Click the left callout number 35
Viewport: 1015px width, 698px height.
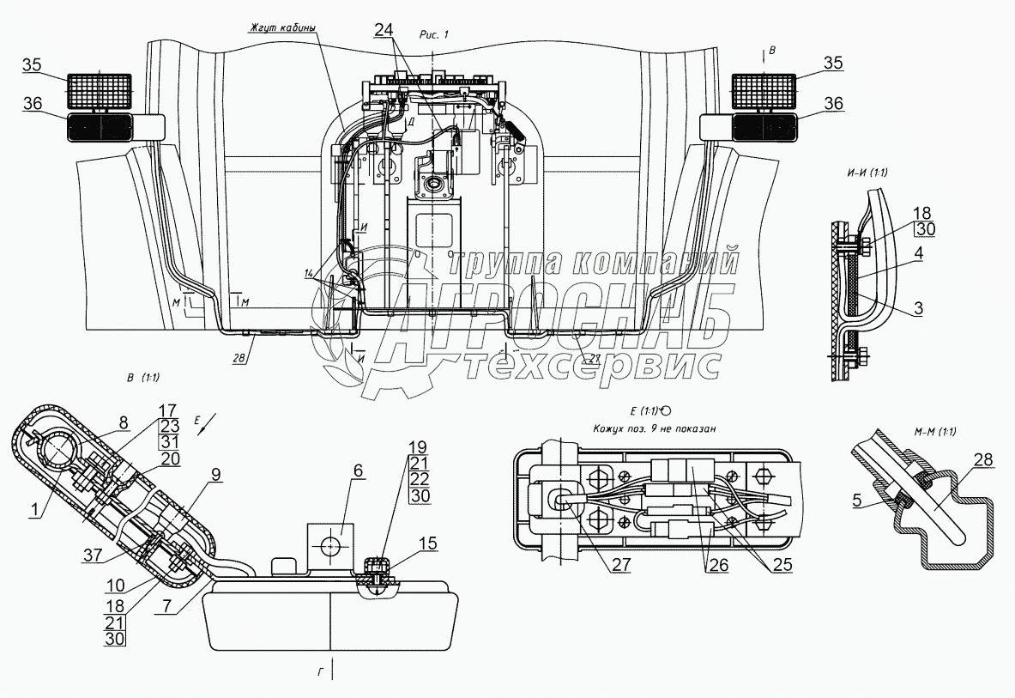tap(31, 64)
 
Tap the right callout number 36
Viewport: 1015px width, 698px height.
tap(833, 103)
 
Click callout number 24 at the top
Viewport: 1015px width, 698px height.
tap(385, 30)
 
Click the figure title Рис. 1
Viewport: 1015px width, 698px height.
tap(434, 33)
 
